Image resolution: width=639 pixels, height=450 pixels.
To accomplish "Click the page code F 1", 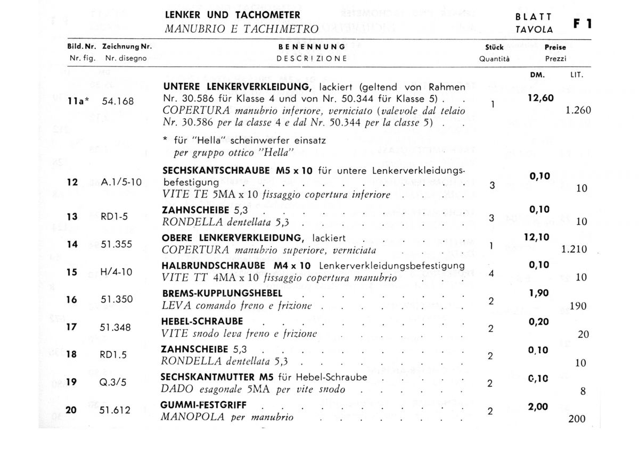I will pos(582,24).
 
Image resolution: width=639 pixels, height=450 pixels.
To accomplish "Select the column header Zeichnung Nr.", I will pos(127,47).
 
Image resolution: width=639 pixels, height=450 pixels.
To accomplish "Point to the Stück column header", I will pos(494,47).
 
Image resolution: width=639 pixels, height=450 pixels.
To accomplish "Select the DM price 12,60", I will pos(540,98).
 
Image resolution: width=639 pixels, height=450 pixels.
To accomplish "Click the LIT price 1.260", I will pos(578,111).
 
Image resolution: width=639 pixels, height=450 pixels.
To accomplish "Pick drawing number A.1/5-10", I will pos(121,182).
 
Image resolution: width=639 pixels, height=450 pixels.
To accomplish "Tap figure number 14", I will pos(72,244).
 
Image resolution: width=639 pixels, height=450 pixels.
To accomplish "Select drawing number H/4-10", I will pos(116,272).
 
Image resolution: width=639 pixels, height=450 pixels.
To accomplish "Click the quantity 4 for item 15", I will pos(491,273).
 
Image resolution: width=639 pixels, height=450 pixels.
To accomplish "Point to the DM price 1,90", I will pos(539,293).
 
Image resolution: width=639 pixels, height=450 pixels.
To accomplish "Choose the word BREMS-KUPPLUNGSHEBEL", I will pos(222,294).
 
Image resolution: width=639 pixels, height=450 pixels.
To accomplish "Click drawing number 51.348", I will pos(116,327).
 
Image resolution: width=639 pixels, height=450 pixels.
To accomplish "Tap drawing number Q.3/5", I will pos(113,382).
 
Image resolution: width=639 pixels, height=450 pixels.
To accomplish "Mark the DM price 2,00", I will pos(538,406).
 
